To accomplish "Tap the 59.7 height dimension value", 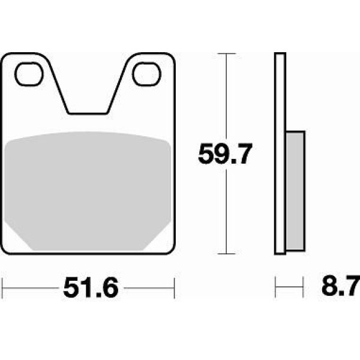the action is pyautogui.click(x=225, y=154).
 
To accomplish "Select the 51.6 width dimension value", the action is pyautogui.click(x=91, y=287).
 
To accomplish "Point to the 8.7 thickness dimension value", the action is pyautogui.click(x=340, y=286).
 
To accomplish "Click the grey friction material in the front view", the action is pyautogui.click(x=88, y=191).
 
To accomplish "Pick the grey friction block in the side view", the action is pyautogui.click(x=295, y=191).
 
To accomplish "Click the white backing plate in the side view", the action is pyautogui.click(x=280, y=154).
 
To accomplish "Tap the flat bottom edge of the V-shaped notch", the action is pyautogui.click(x=88, y=113).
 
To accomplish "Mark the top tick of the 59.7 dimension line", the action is pyautogui.click(x=227, y=53).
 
